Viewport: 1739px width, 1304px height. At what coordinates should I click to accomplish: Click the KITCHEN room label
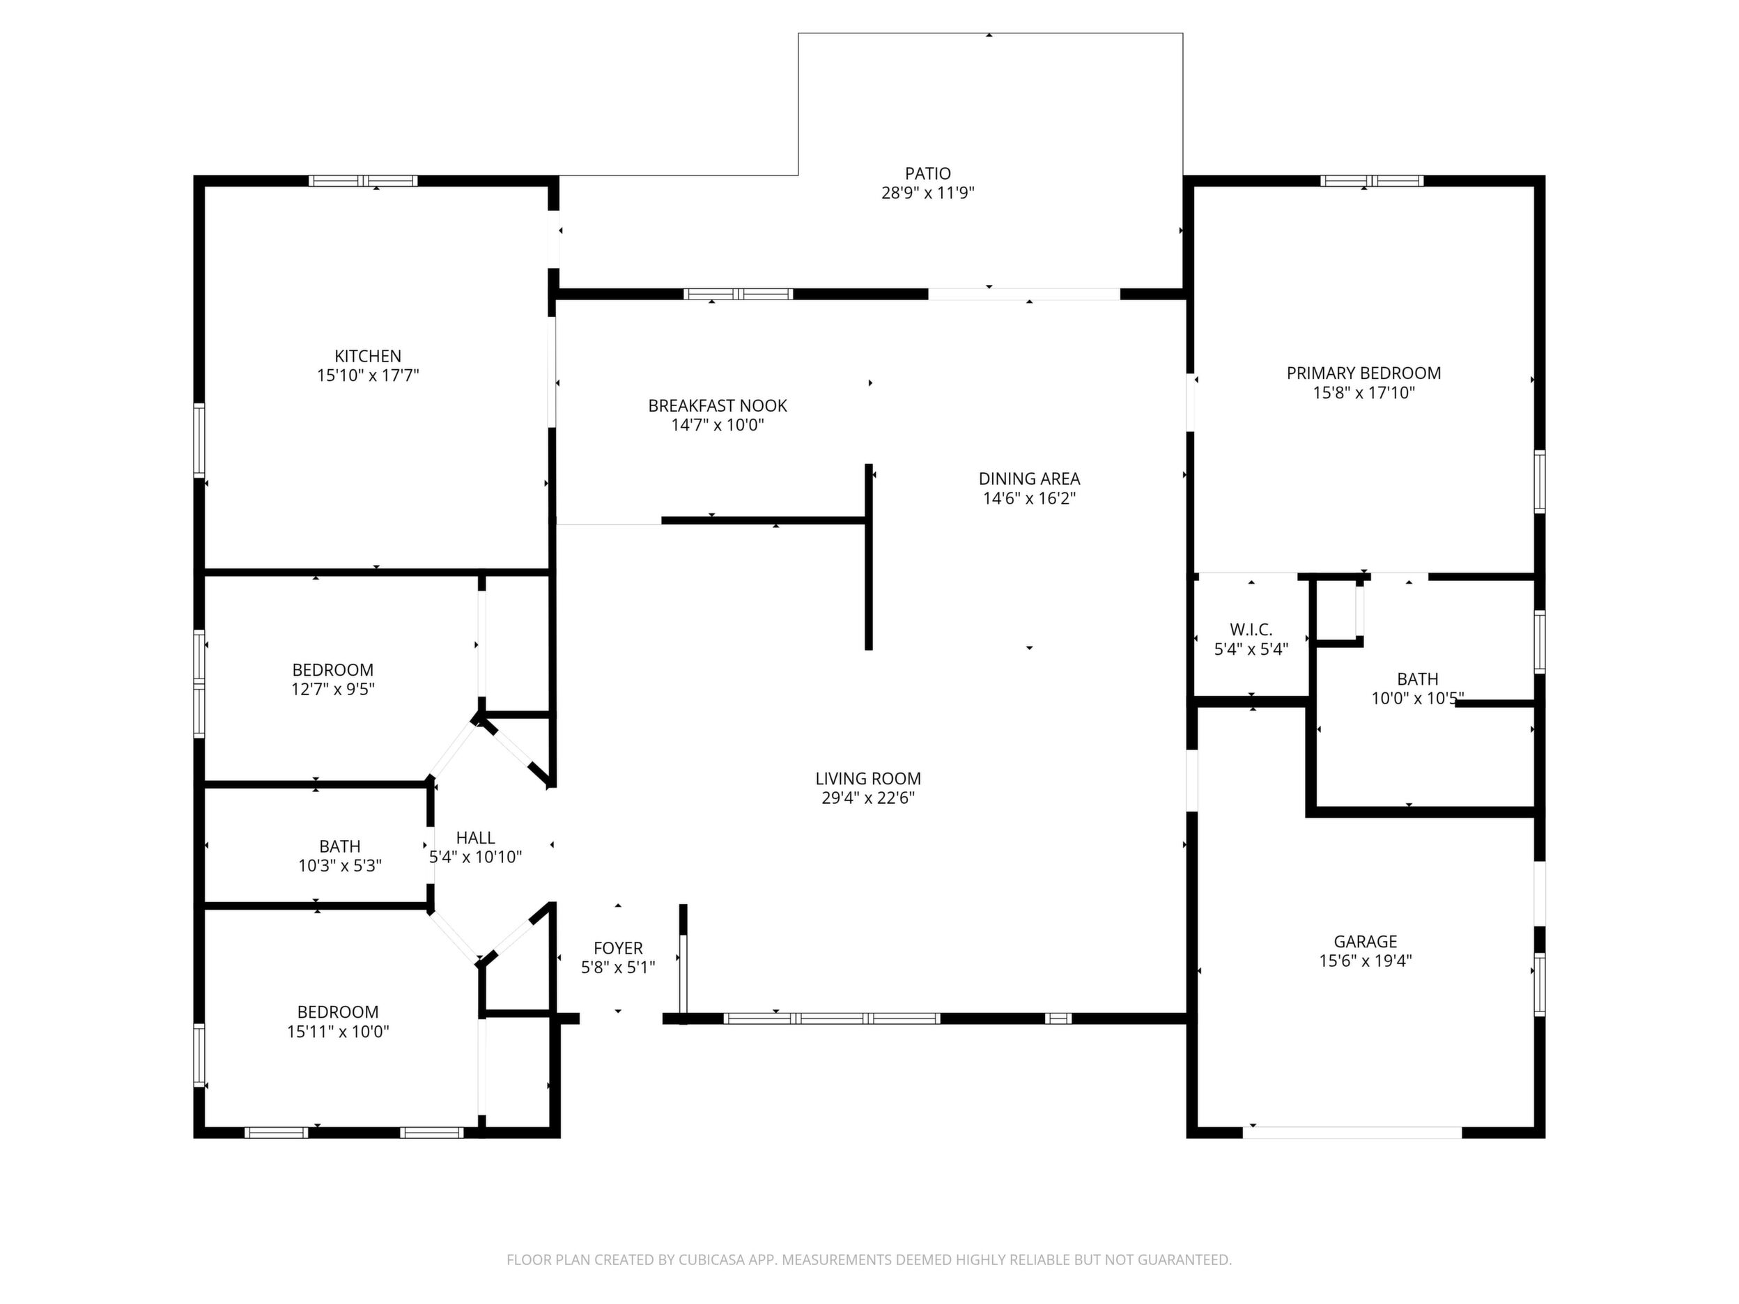[x=368, y=356]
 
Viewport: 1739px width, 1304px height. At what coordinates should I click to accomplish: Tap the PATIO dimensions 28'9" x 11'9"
[x=928, y=192]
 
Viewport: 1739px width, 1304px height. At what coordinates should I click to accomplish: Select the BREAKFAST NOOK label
[x=717, y=405]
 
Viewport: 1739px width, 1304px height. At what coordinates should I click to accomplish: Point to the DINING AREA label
[x=1029, y=479]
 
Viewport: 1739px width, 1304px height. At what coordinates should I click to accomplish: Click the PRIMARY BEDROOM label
[x=1363, y=373]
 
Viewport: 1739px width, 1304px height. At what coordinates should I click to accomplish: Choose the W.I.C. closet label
[x=1251, y=630]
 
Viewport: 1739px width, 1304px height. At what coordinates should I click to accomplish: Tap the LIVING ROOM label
[x=868, y=778]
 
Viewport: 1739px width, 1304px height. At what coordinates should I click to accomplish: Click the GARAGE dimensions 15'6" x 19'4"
[x=1366, y=961]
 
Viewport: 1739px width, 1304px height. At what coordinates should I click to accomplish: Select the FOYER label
[x=618, y=948]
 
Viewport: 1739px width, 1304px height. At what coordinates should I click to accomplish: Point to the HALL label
[x=476, y=838]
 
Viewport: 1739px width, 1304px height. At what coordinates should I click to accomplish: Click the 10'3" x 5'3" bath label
[x=339, y=865]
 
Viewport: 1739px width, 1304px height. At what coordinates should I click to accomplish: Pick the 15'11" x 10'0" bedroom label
[x=338, y=1031]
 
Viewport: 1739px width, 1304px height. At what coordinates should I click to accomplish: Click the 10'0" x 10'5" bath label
[x=1417, y=698]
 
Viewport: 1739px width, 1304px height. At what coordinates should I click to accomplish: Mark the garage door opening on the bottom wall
[x=1352, y=1133]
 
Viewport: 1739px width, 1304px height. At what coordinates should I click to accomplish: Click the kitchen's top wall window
[x=362, y=181]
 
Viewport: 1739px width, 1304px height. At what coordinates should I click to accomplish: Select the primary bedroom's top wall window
[x=1372, y=181]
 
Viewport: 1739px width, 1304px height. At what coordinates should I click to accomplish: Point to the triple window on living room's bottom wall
[x=832, y=1018]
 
